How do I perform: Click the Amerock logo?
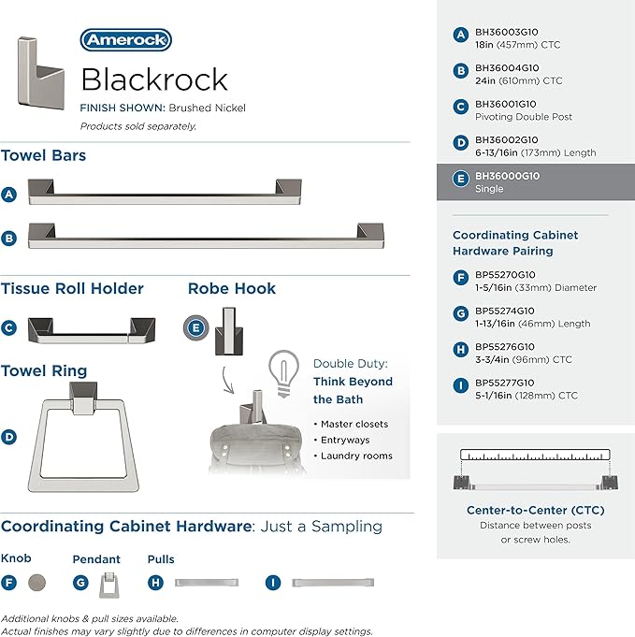[126, 40]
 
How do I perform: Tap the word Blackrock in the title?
[154, 80]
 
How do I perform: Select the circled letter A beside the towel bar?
[9, 195]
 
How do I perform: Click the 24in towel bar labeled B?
[206, 236]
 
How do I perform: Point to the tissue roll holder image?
[92, 330]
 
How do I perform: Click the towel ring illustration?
[83, 437]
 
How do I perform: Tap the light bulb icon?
[283, 373]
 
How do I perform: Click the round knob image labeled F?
[37, 583]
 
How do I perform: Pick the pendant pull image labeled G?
[108, 585]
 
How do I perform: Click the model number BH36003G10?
[507, 32]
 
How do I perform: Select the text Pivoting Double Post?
[524, 117]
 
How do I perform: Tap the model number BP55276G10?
[505, 347]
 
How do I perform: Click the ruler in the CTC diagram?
[535, 455]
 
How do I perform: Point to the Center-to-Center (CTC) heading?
[536, 510]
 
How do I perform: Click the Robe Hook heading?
[232, 288]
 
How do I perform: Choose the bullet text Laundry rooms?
[356, 456]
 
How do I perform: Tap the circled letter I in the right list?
[461, 385]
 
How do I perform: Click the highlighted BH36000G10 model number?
[508, 176]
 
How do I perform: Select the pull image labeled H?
[207, 583]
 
